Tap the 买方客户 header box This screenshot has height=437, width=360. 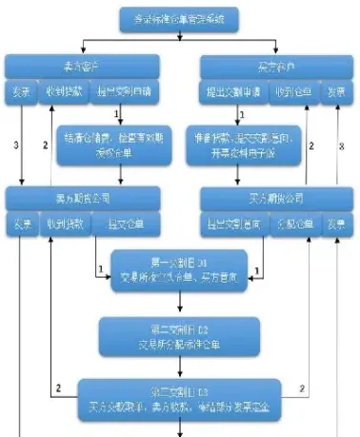[x=272, y=67]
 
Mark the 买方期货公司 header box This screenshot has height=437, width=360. [x=272, y=198]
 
